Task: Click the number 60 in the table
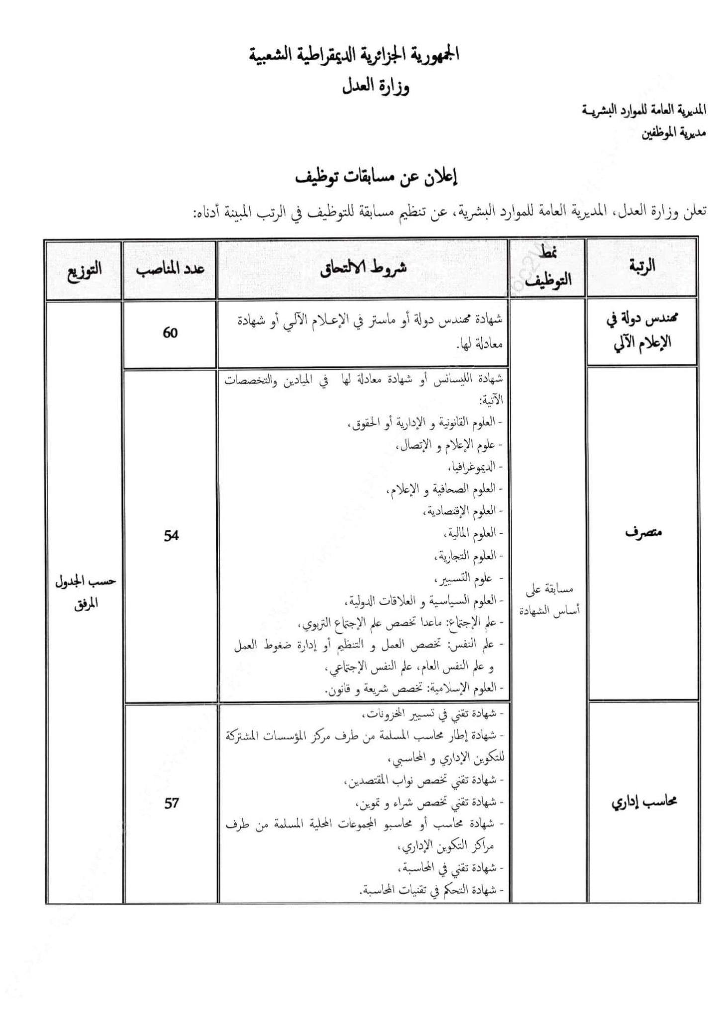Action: [x=170, y=333]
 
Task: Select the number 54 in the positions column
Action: [x=171, y=535]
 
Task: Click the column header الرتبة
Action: [x=642, y=266]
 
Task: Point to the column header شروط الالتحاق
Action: [x=362, y=267]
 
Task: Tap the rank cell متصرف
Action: [x=641, y=533]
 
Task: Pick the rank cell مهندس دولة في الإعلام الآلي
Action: [x=641, y=331]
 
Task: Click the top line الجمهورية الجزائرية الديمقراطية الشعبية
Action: [x=354, y=55]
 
